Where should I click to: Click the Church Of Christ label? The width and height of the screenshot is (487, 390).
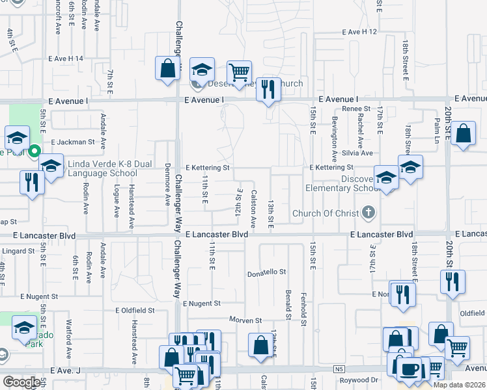324,213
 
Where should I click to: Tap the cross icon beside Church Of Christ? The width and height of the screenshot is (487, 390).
369,213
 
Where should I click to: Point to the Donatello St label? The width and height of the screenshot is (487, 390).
267,273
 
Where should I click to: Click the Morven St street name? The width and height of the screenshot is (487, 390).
245,320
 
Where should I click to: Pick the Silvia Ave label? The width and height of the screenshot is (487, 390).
358,153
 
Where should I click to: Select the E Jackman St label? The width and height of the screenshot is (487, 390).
72,141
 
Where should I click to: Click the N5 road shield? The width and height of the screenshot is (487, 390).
339,369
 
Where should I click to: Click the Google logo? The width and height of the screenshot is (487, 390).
21,382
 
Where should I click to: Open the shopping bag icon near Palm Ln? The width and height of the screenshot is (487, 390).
463,135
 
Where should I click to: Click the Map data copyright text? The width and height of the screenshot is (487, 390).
460,385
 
